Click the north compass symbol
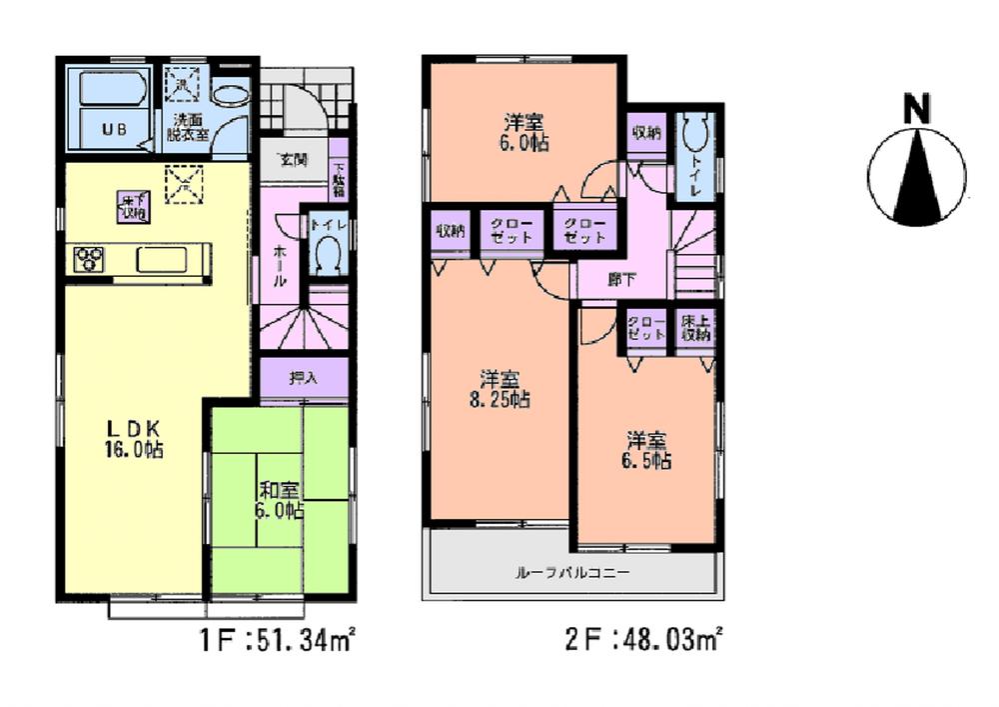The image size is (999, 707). pos(916,180)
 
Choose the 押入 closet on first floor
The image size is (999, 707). pos(303,378)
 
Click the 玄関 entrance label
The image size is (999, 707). pos(293,159)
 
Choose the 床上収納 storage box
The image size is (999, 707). pos(694,329)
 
